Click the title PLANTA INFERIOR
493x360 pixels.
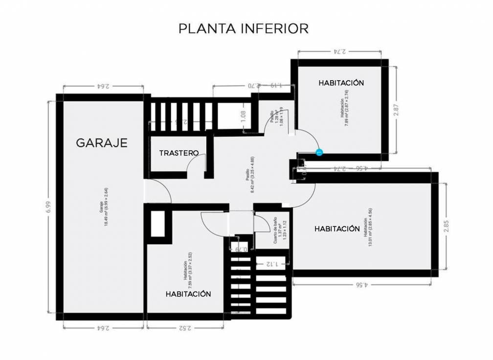click(243, 28)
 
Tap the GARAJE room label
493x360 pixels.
click(102, 143)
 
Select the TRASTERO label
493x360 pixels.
click(179, 153)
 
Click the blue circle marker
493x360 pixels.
click(319, 153)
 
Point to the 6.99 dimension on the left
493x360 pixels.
click(48, 207)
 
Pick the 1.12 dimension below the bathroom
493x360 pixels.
click(272, 264)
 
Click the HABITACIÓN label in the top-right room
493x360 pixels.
click(341, 83)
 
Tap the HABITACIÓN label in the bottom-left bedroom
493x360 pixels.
click(188, 294)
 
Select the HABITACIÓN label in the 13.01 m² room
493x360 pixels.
click(337, 228)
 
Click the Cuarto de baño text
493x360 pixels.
click(275, 230)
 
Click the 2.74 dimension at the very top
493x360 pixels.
click(339, 51)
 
